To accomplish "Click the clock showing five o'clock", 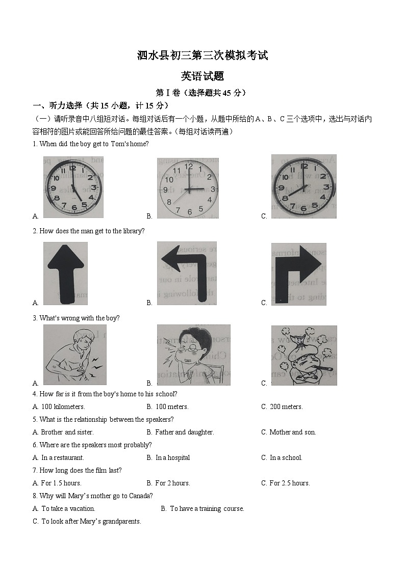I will tap(73, 187).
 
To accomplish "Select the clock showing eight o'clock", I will tap(303, 186).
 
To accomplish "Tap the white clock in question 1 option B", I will tap(188, 188).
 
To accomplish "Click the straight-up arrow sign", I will tap(65, 274).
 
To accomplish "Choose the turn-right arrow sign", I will tap(298, 274).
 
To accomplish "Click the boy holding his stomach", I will tap(74, 355).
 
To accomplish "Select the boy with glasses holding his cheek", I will tap(193, 355).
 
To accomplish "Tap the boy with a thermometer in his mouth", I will tap(303, 355).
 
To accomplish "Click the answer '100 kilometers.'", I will tap(63, 406).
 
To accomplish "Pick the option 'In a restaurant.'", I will tap(62, 457).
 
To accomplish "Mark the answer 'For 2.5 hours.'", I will tap(289, 483).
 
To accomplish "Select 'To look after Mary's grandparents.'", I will tap(91, 521).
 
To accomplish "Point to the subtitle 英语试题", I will tap(202, 76).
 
